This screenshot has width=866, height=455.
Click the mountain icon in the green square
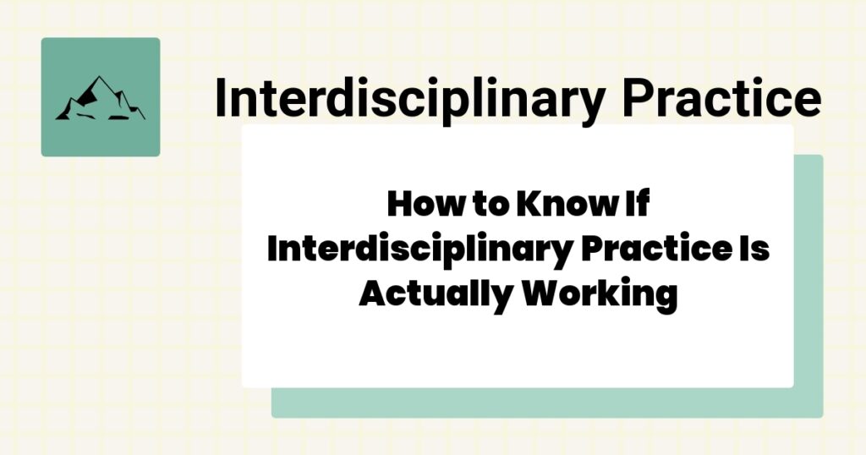[100, 98]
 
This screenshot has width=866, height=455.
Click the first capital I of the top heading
[221, 99]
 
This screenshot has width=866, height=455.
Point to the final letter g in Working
[666, 299]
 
